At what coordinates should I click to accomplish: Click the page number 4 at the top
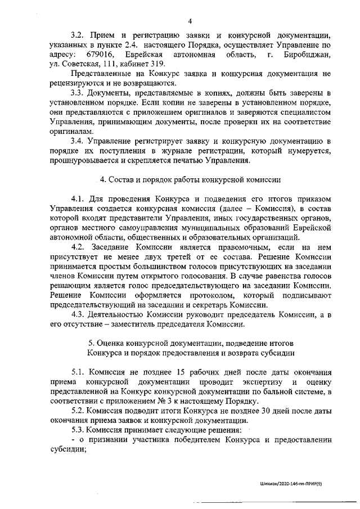(x=190, y=22)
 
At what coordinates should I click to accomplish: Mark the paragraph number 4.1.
(x=78, y=199)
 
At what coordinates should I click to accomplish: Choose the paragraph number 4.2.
(x=78, y=247)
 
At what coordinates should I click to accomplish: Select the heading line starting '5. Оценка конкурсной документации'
(x=191, y=343)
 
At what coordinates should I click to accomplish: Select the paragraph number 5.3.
(x=78, y=430)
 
